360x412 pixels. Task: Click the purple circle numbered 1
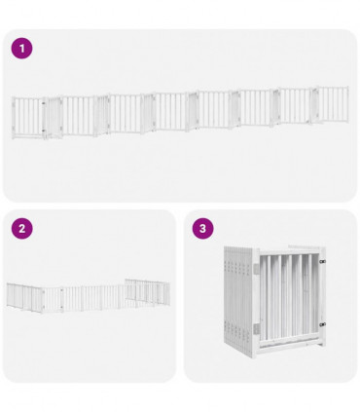pos(21,48)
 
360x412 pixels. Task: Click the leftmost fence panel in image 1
pos(27,116)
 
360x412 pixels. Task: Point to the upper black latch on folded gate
pos(322,262)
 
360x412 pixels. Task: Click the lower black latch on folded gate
pos(322,324)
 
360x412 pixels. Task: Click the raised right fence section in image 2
pos(146,290)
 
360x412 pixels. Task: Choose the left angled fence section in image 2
pos(29,296)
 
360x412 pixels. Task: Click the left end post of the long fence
pos(13,118)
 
